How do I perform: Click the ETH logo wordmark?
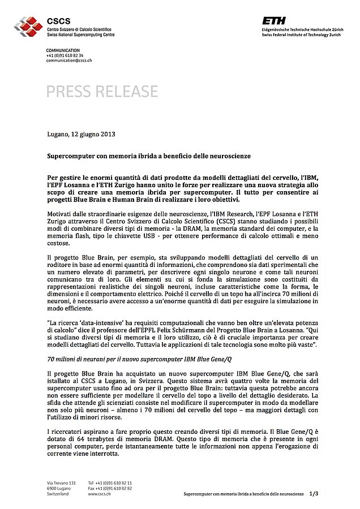coord(274,21)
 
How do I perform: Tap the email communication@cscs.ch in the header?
coord(68,61)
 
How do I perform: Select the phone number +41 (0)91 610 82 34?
coord(65,55)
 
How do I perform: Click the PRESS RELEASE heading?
coord(102,91)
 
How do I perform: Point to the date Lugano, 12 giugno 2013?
coord(81,134)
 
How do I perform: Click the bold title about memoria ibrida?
coord(148,155)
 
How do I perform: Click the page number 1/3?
coord(314,494)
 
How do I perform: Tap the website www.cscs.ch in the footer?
coord(99,494)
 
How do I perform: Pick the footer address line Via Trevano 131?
coord(61,482)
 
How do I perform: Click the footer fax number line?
coord(110,488)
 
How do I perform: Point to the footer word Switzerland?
coord(58,494)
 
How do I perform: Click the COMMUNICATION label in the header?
coord(63,50)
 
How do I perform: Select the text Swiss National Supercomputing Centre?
coord(81,35)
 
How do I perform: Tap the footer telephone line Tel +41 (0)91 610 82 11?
coord(110,482)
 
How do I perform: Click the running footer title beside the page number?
coord(243,494)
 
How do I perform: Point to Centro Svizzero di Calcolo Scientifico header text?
coord(79,29)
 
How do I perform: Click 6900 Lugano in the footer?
coord(59,488)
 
